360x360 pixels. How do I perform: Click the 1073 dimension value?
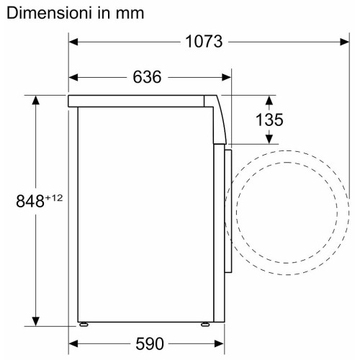pyautogui.click(x=204, y=42)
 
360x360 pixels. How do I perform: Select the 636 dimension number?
pyautogui.click(x=147, y=77)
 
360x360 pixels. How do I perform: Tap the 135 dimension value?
pyautogui.click(x=269, y=120)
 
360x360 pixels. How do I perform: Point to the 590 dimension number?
pyautogui.click(x=150, y=344)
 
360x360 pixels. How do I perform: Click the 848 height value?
pyautogui.click(x=30, y=201)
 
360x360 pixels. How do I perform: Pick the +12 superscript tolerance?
pyautogui.click(x=54, y=198)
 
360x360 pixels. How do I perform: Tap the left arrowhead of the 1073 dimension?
pyautogui.click(x=73, y=42)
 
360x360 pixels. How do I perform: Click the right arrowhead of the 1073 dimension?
pyautogui.click(x=345, y=42)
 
